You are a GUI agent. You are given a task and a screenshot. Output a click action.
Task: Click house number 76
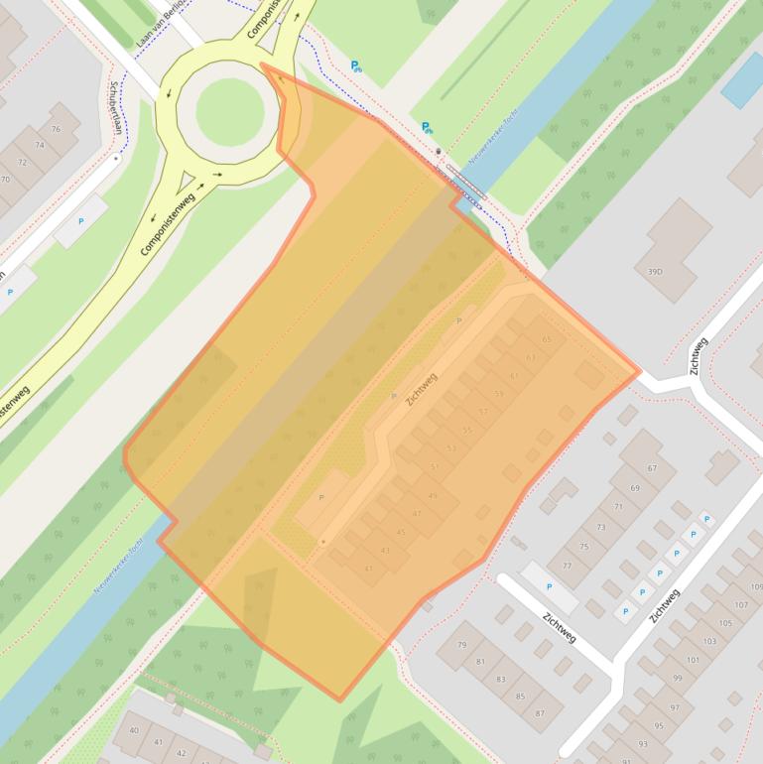(56, 129)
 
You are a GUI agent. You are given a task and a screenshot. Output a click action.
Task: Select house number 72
(23, 162)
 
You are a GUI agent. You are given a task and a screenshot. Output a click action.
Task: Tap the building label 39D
(655, 271)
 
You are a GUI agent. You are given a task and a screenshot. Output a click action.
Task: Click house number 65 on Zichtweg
(546, 339)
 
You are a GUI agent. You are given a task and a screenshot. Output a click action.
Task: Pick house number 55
(467, 430)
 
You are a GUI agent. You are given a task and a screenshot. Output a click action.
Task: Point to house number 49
(433, 495)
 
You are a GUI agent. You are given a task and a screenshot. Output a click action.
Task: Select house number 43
(385, 550)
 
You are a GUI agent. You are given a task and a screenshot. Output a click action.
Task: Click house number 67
(652, 468)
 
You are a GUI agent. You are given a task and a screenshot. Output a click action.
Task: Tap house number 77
(567, 566)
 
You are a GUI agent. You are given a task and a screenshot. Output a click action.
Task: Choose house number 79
(461, 645)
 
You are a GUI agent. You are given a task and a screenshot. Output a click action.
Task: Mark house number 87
(540, 713)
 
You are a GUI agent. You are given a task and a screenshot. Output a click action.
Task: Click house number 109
(756, 587)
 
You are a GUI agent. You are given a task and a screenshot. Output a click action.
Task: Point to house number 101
(693, 660)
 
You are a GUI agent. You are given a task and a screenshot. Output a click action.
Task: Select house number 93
(643, 743)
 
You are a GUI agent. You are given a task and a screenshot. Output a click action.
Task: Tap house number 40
(133, 730)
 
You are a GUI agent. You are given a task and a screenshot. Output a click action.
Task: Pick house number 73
(600, 527)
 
